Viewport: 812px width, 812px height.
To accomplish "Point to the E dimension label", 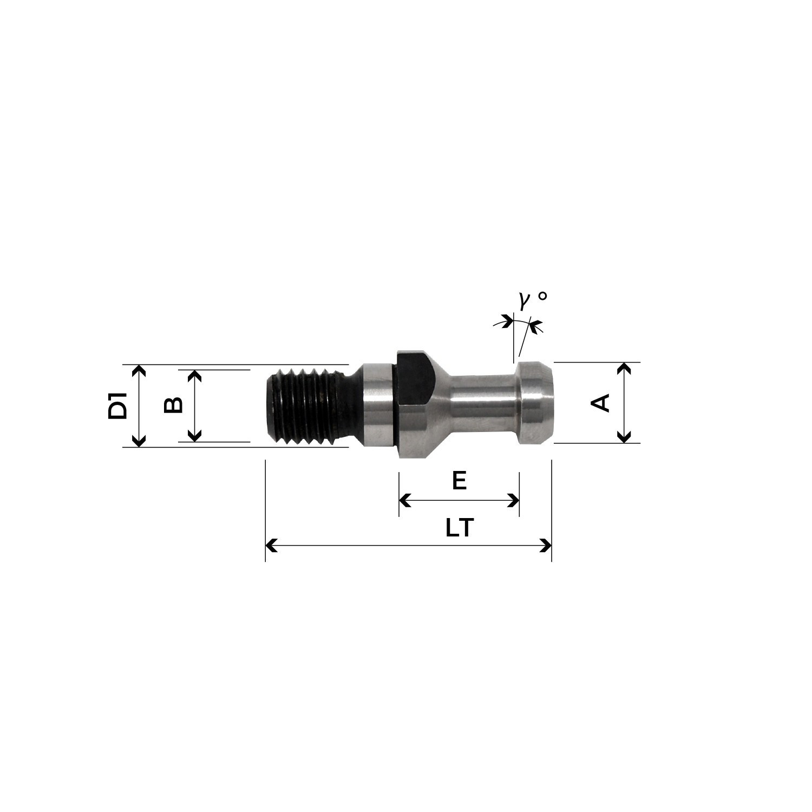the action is (459, 481).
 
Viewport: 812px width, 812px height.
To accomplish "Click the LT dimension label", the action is (460, 527).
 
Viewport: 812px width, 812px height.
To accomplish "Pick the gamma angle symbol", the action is (524, 300).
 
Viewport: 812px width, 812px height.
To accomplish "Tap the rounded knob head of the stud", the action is (536, 402).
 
